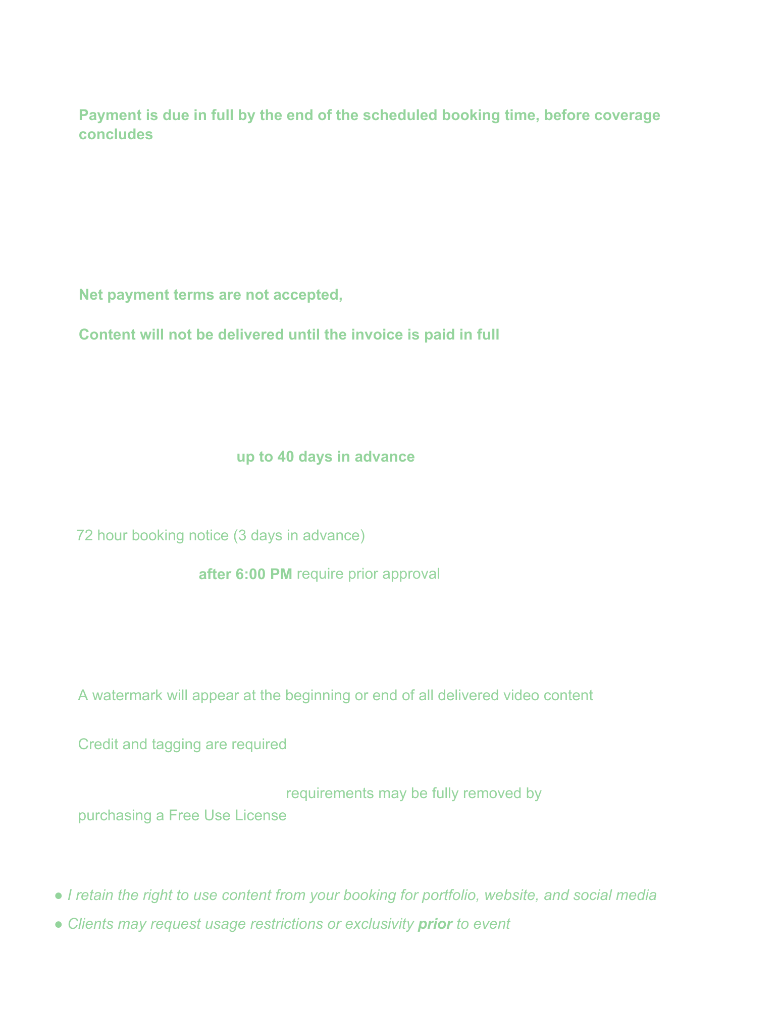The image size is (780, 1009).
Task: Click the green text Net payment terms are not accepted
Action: [211, 295]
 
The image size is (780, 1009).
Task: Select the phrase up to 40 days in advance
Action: [326, 457]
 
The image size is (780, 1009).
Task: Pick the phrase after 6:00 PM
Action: [245, 574]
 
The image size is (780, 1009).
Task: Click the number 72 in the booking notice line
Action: [84, 535]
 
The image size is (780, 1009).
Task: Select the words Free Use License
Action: [227, 815]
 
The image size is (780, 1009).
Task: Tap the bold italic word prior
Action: [435, 924]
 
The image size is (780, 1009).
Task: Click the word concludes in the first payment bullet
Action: [116, 134]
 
